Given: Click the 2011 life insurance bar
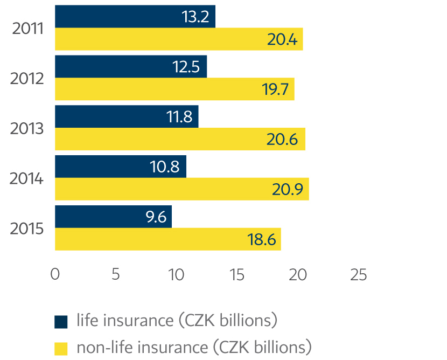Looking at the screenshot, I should pyautogui.click(x=135, y=17).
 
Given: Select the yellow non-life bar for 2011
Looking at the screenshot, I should pyautogui.click(x=178, y=39).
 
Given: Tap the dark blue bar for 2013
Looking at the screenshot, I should pyautogui.click(x=127, y=116).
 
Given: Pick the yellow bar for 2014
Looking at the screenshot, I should pyautogui.click(x=181, y=189).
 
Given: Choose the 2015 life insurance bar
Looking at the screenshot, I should pyautogui.click(x=113, y=216).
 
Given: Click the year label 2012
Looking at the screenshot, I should pyautogui.click(x=27, y=79).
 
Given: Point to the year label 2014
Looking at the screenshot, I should pyautogui.click(x=27, y=178).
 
